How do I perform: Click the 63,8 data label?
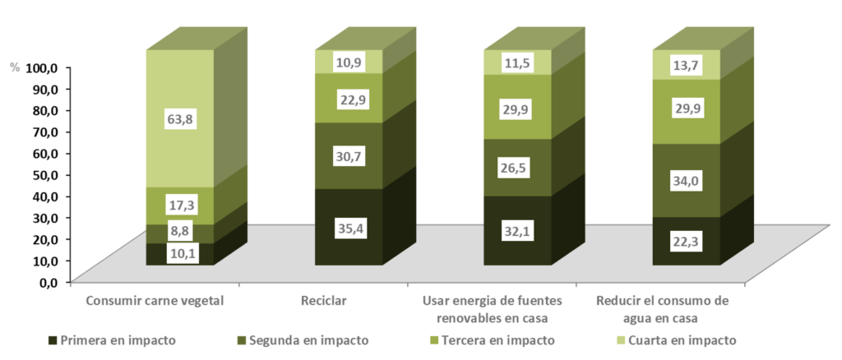pos(179,120)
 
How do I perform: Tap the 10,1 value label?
pos(179,253)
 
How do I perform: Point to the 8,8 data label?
pos(179,233)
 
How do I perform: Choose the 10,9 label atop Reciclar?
pos(349,62)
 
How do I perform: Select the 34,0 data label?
pos(687,180)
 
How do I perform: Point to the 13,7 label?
pos(687,66)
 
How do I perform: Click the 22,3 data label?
pos(687,239)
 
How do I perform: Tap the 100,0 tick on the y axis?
pos(42,67)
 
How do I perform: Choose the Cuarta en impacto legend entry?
pos(682,340)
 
